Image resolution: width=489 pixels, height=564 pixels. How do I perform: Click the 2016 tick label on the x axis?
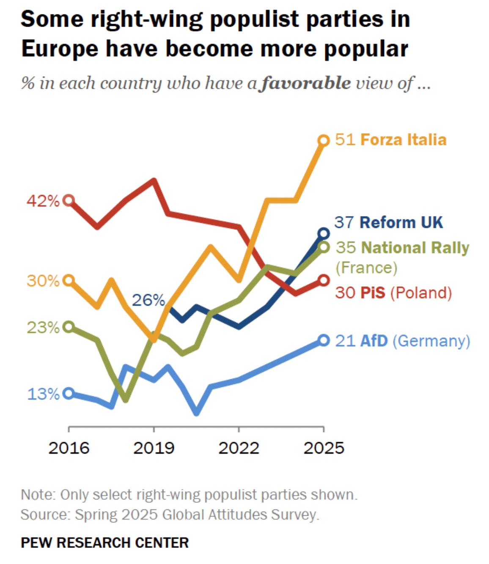69,448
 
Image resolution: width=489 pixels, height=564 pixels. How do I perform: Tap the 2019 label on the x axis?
154,448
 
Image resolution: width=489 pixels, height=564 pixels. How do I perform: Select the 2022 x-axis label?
239,448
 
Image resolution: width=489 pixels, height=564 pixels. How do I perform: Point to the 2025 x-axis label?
324,448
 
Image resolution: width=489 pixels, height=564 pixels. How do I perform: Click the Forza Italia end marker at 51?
324,140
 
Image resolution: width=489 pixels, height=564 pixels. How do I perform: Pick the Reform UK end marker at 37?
324,233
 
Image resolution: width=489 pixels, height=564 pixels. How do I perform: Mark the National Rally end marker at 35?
324,247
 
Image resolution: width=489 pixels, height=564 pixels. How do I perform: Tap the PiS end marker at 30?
324,280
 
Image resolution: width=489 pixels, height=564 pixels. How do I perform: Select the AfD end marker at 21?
324,340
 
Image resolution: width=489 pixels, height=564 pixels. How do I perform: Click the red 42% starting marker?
69,200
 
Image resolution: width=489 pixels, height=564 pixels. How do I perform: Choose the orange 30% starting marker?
69,280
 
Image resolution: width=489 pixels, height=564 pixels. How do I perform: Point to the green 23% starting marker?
69,326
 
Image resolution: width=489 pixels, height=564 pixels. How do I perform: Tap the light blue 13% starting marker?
69,393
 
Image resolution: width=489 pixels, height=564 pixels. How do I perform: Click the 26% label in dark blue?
148,300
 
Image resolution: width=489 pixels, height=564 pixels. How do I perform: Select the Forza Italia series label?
403,140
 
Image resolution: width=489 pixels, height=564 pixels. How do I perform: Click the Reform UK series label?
401,222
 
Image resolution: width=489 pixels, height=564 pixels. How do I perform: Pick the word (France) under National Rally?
366,268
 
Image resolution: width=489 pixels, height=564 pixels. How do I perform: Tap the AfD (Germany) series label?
415,340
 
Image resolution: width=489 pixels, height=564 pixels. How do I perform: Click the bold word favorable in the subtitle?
306,83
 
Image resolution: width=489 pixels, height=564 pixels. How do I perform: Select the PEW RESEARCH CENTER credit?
104,542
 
